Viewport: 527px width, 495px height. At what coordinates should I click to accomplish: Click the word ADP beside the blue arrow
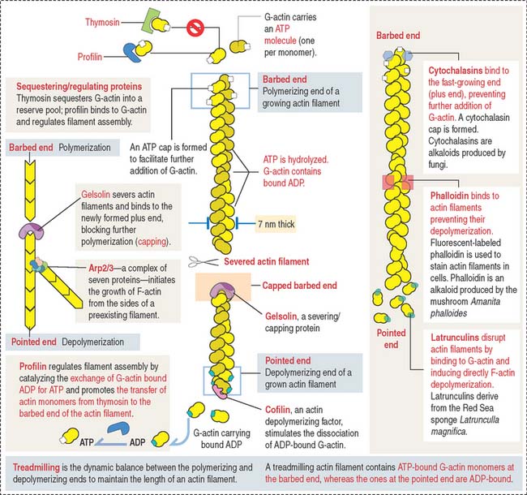(x=139, y=445)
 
